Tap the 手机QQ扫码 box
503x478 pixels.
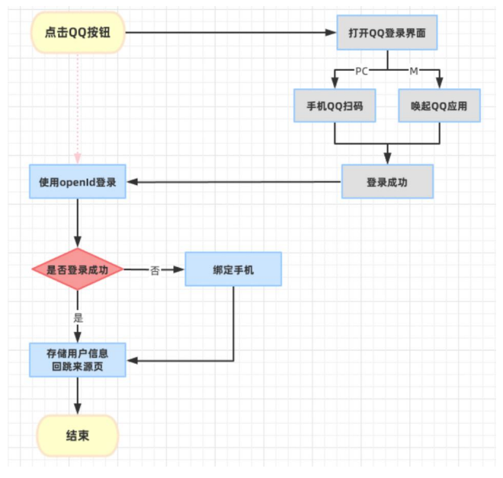335,106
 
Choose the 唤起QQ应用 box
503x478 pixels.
440,106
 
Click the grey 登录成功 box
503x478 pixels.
387,182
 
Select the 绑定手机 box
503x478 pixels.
233,269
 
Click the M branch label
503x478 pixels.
414,71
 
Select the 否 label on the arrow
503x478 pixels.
155,270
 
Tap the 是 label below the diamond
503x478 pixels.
78,317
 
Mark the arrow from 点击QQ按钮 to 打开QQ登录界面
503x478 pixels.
229,33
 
